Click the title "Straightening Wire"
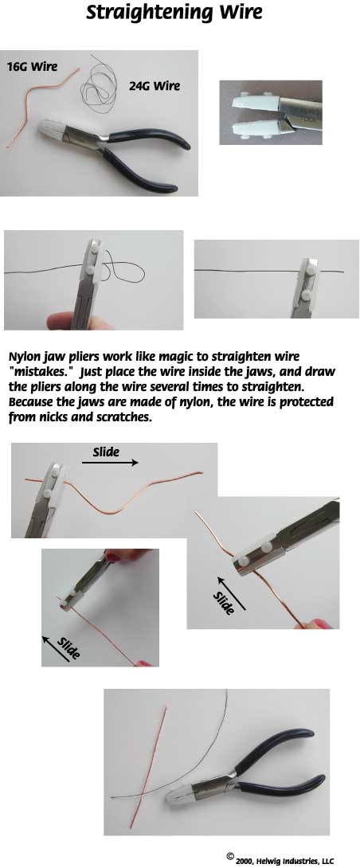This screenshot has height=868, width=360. coord(174,13)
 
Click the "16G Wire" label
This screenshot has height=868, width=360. coord(32,67)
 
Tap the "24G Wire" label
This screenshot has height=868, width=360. coord(155,86)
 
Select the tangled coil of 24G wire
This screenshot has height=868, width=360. coord(103,86)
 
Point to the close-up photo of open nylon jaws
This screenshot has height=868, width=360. coord(270,113)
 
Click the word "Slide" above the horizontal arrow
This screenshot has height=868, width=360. coord(106,452)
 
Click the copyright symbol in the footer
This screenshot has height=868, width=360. coord(230,855)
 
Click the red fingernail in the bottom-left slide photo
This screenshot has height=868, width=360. coord(145,662)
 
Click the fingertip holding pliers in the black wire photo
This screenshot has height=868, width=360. coord(77,320)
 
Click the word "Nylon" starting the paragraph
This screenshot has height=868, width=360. coord(25,356)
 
